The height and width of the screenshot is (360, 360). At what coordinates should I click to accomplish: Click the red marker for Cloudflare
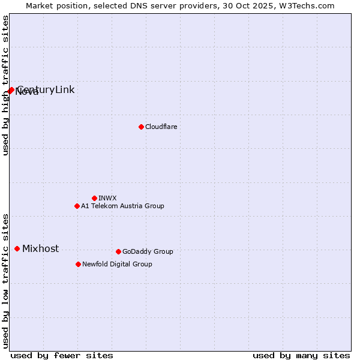(141, 127)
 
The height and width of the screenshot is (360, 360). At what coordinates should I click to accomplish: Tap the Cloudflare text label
(161, 127)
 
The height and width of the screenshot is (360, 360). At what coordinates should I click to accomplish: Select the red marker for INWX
(94, 198)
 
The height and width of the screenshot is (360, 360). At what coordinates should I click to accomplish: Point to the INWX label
(107, 198)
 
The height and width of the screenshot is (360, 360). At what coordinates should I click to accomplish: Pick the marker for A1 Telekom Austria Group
(77, 206)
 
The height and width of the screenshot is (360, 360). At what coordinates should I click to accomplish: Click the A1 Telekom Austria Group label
(122, 206)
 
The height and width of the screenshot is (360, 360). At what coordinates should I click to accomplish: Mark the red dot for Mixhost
(17, 248)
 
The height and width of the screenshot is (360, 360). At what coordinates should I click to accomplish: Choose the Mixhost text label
(40, 248)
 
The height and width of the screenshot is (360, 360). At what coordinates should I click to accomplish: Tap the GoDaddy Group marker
(118, 251)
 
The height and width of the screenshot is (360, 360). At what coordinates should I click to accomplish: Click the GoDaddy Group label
(148, 251)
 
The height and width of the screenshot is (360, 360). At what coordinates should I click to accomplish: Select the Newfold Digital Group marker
(78, 264)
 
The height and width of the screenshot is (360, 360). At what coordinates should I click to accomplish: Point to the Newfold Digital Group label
(117, 264)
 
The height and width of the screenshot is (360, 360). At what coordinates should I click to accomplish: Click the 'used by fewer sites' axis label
(62, 355)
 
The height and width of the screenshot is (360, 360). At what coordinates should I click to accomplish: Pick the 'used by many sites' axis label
(301, 355)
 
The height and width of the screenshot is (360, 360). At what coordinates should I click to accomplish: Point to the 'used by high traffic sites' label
(5, 86)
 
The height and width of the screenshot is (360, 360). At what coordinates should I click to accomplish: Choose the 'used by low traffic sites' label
(5, 281)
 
